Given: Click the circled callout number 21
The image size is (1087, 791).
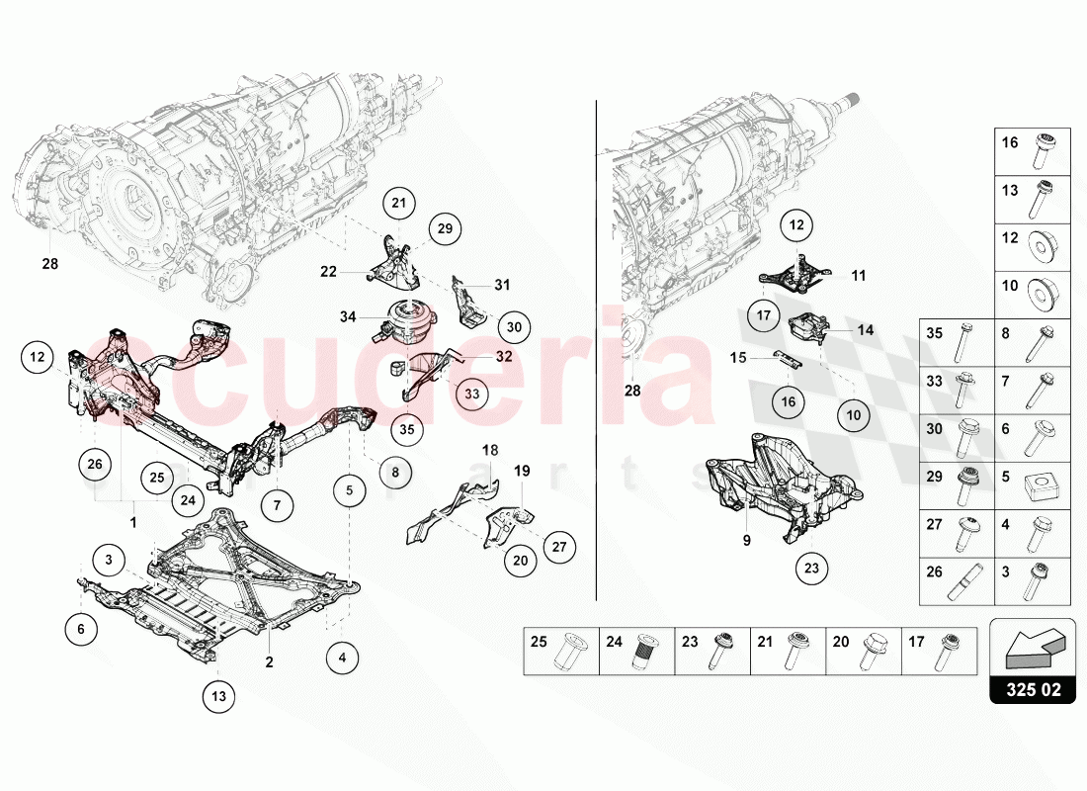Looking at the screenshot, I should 398,205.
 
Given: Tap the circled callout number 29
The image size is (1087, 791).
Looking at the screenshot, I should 445,229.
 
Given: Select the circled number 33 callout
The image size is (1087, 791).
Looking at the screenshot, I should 471,394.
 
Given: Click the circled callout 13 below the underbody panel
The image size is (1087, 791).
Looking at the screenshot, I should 219,697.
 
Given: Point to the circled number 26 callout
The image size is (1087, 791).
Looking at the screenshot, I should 95,463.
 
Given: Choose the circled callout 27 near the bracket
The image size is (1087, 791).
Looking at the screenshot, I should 558,547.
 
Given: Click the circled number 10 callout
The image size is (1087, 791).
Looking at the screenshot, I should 854,416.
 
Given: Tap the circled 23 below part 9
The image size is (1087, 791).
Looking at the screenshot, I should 812,569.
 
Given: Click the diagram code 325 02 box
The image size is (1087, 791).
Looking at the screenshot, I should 1034,690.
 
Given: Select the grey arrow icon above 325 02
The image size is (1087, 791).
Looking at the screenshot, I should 1033,645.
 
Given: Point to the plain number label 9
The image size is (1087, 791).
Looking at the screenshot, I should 747,541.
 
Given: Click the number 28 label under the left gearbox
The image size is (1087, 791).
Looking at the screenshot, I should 49,264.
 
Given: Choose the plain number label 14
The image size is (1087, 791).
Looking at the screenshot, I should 865,330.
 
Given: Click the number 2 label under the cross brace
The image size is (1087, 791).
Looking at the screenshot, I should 268,661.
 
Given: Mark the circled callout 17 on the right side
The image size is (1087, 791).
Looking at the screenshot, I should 764,316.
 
